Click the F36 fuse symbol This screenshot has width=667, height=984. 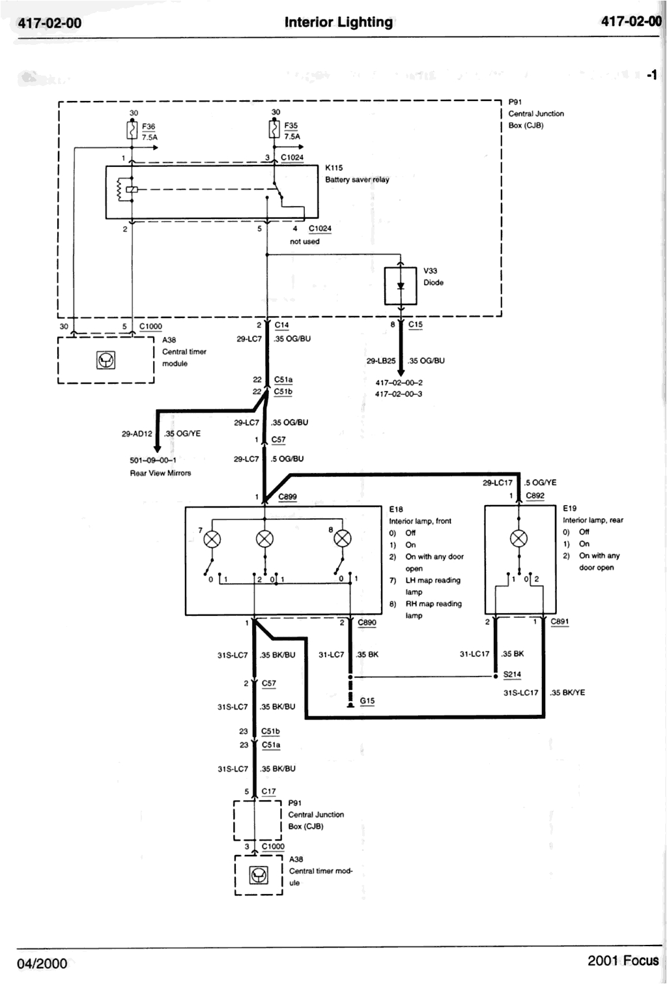tap(132, 131)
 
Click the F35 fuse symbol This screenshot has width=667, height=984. tap(274, 131)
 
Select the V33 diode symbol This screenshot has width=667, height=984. tap(401, 285)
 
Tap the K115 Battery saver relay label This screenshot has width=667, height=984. tap(356, 174)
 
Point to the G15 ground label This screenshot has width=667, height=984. tap(367, 701)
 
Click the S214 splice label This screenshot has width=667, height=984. tap(512, 675)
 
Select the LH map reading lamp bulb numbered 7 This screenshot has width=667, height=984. tap(213, 538)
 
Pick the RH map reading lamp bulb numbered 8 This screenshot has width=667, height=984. tap(343, 538)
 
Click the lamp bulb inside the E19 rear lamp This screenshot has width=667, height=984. tap(518, 538)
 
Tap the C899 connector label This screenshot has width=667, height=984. tap(287, 497)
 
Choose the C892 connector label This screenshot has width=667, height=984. tap(535, 496)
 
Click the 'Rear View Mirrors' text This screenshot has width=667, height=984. tap(160, 473)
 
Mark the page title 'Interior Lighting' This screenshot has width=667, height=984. tap(339, 22)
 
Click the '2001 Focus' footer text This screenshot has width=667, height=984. tap(623, 961)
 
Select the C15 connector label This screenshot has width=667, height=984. tap(415, 325)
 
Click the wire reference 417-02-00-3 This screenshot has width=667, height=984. tap(399, 394)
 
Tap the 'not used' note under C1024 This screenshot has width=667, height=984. tap(305, 241)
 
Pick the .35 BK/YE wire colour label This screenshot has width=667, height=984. tap(567, 693)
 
